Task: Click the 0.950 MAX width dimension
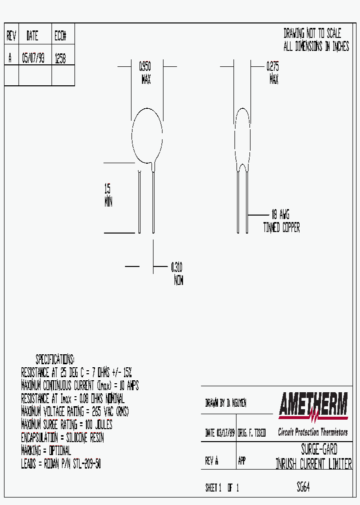[145, 72]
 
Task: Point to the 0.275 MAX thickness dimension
[273, 72]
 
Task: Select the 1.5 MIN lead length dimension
[108, 195]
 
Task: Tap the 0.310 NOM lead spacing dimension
[177, 273]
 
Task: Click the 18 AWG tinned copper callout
[281, 221]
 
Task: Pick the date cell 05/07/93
[33, 58]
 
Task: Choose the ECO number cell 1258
[60, 58]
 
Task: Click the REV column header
[11, 36]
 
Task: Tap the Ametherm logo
[313, 405]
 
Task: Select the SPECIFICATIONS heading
[55, 359]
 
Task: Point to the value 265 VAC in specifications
[103, 412]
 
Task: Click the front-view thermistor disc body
[146, 135]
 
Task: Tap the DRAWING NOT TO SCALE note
[312, 34]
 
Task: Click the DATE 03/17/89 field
[220, 433]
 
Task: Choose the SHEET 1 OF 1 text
[222, 488]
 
